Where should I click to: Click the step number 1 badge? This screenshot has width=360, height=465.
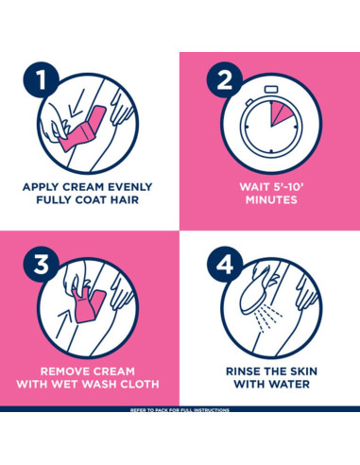click(41, 79)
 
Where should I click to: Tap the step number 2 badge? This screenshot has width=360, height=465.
click(224, 79)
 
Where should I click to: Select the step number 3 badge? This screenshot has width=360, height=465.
click(41, 264)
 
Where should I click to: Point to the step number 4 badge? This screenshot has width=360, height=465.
click(224, 264)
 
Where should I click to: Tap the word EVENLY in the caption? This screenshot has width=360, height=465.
click(130, 187)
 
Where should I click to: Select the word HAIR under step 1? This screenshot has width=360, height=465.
click(124, 199)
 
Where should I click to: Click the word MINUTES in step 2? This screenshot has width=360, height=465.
click(271, 199)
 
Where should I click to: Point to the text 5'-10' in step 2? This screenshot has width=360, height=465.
click(288, 187)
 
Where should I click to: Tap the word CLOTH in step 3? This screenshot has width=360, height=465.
click(140, 384)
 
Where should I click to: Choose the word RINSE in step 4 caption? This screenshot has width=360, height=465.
click(243, 371)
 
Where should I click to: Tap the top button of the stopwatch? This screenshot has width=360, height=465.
click(271, 90)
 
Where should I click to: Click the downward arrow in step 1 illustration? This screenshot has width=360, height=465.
click(77, 103)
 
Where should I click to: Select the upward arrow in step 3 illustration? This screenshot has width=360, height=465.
click(64, 325)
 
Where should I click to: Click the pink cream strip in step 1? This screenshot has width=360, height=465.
click(82, 129)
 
